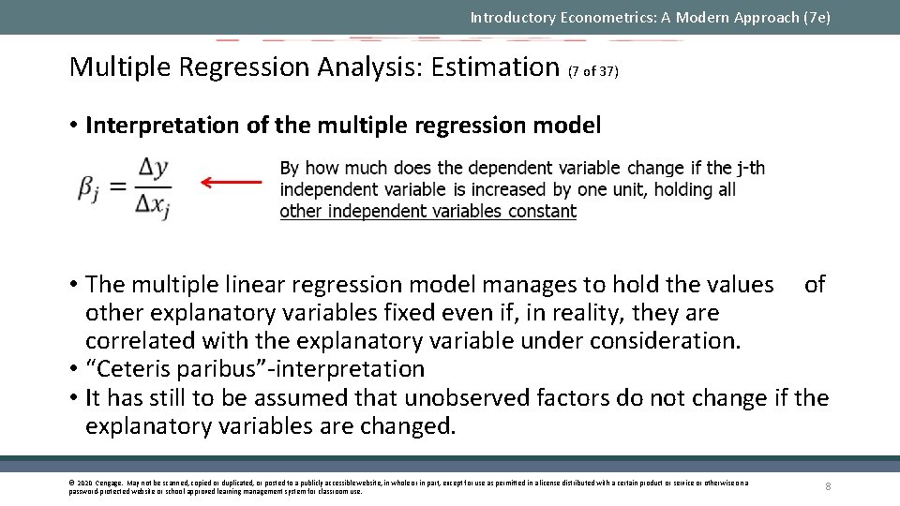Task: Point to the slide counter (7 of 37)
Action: click(x=593, y=70)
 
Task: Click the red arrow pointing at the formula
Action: click(x=232, y=183)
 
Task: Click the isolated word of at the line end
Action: click(x=815, y=284)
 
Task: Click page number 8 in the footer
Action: click(x=828, y=486)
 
